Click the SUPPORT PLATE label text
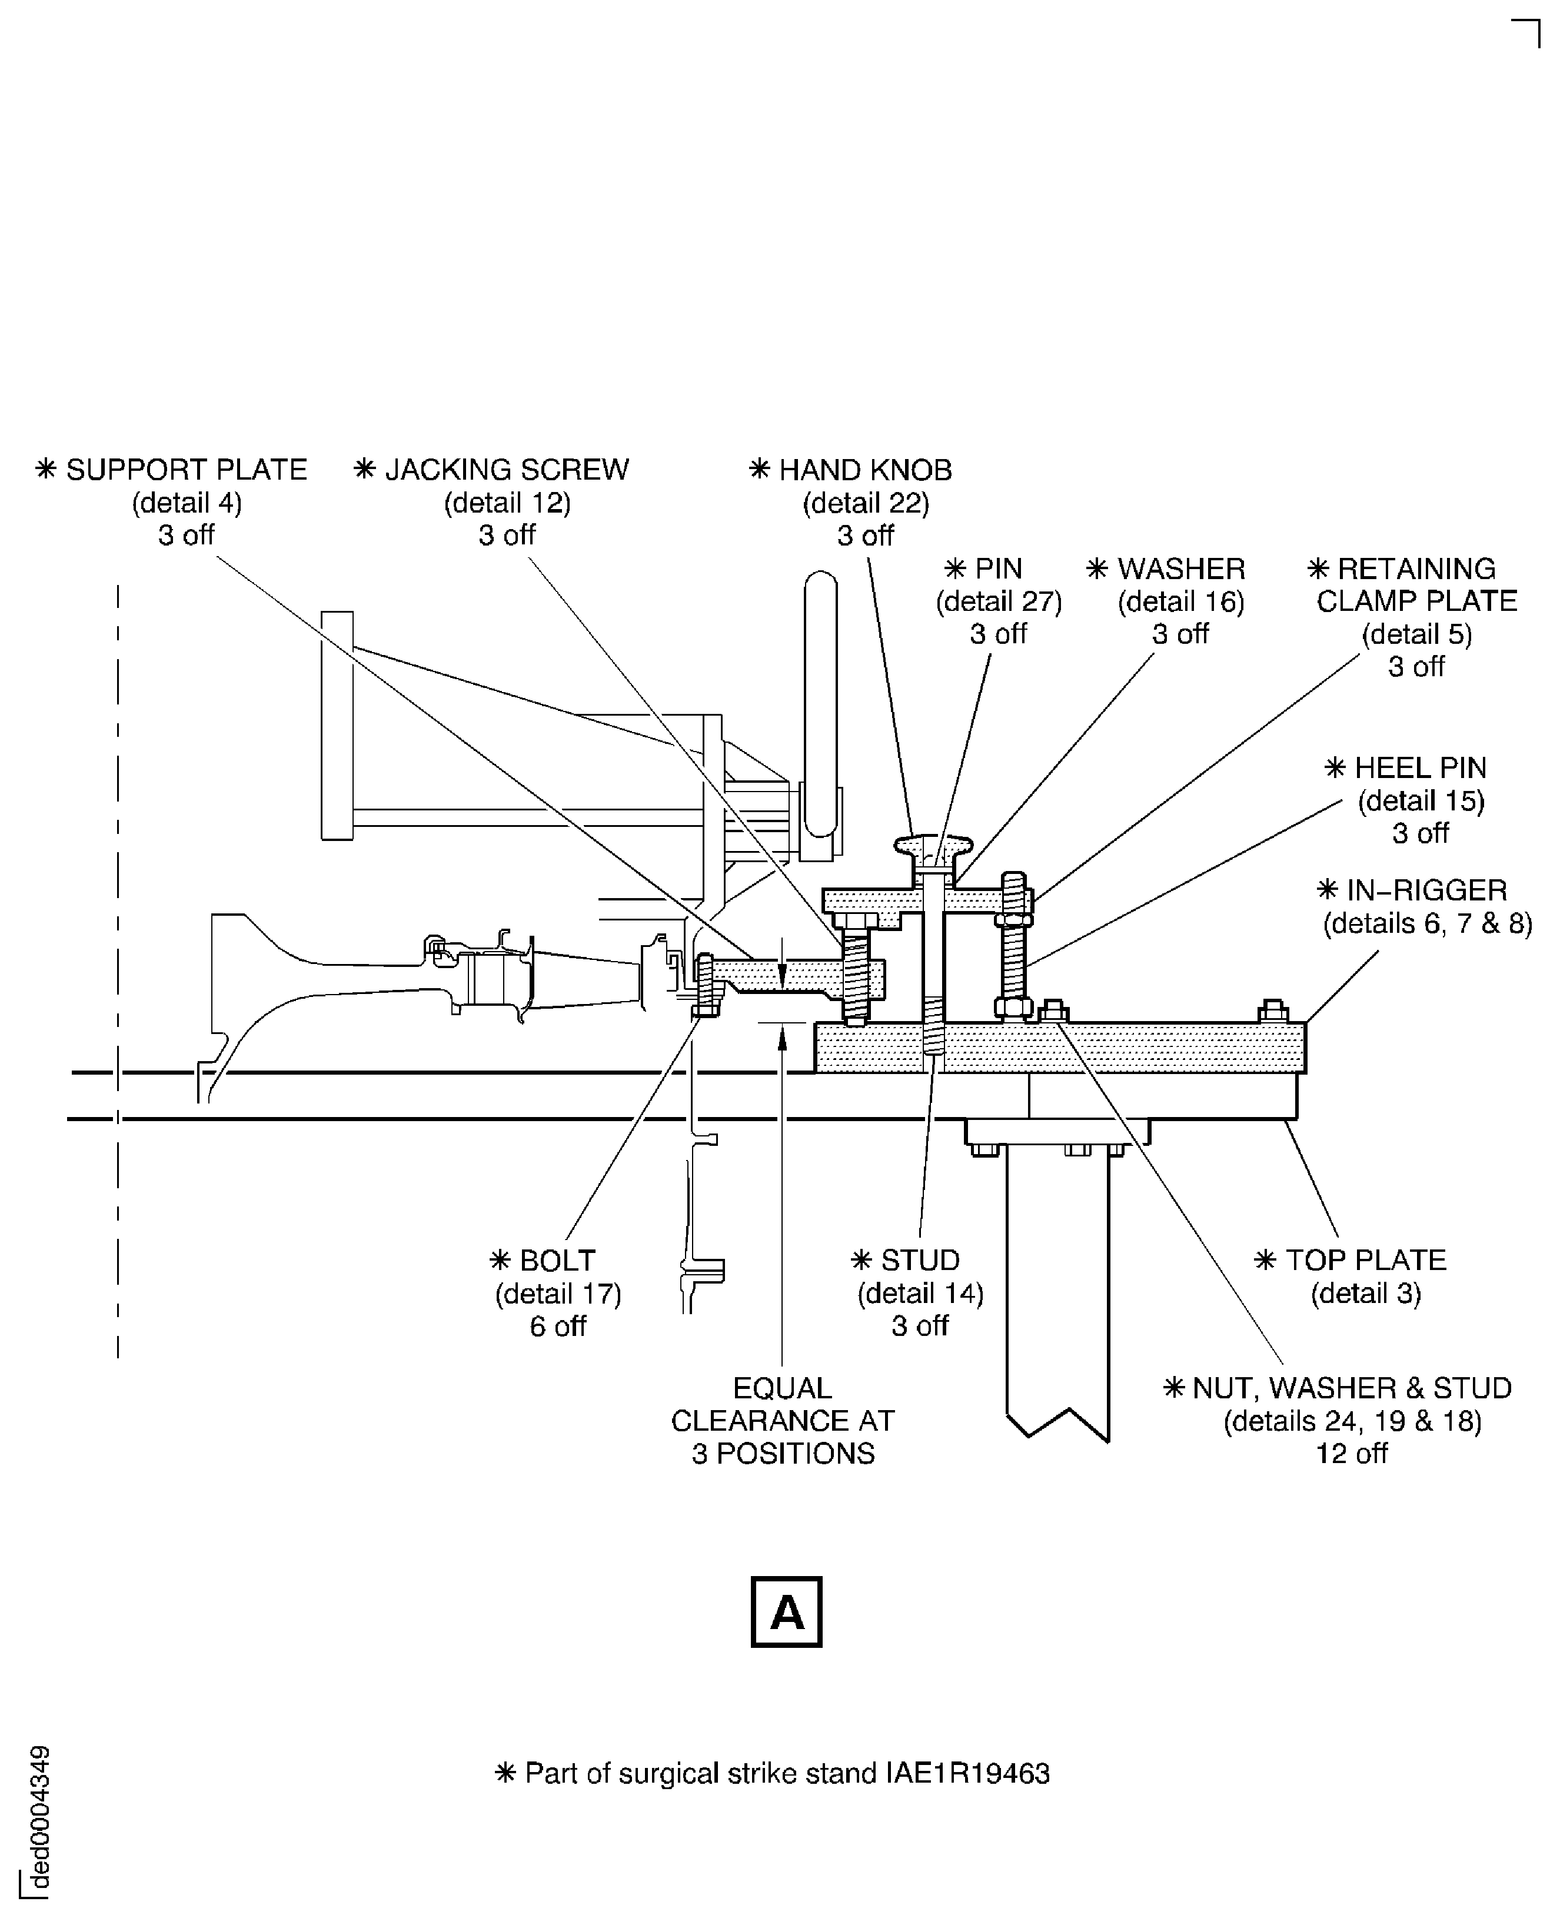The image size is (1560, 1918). (186, 470)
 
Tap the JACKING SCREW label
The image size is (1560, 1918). (506, 470)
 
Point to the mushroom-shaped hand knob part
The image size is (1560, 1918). (934, 846)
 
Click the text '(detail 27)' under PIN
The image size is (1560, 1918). (999, 601)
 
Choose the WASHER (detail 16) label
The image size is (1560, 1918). (1181, 569)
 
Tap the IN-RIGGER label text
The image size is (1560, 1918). (1426, 890)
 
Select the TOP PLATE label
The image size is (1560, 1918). (1365, 1259)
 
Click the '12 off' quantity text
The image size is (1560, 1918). (1352, 1453)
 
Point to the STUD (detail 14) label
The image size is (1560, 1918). (919, 1259)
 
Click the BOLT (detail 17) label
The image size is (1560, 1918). (557, 1260)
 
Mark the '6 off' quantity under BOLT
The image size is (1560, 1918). (557, 1326)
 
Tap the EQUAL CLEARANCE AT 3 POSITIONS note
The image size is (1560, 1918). (783, 1421)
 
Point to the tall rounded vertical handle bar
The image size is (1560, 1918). (820, 706)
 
